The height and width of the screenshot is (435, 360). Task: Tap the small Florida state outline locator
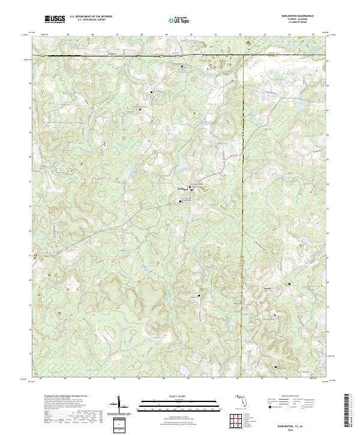[242, 398]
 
